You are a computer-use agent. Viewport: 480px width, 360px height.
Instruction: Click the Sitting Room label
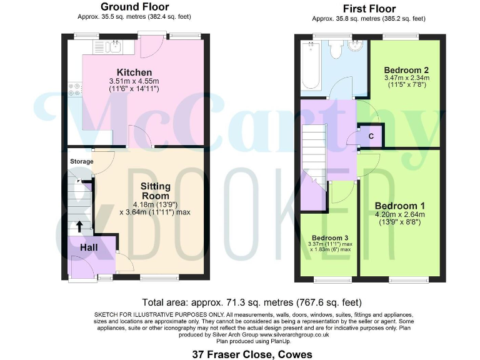point(155,191)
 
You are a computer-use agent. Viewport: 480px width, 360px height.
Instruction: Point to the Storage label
point(81,162)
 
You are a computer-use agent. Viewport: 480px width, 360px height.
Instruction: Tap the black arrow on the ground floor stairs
point(80,226)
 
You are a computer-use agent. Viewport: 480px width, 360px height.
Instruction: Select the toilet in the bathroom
point(336,49)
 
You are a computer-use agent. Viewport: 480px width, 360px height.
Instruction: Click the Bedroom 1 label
point(400,205)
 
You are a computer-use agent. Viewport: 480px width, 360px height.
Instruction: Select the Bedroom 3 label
point(330,238)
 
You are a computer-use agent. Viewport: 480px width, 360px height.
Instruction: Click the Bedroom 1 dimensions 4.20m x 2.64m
point(400,214)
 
